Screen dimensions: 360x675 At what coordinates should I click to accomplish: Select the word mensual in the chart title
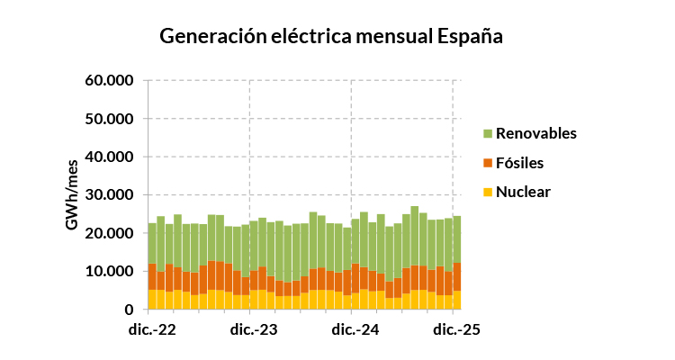click(x=388, y=37)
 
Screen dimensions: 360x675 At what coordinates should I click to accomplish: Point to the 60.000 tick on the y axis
click(x=110, y=81)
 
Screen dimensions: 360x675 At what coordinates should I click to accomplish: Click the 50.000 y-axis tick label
click(x=110, y=119)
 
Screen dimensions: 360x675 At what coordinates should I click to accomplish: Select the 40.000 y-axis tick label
click(x=110, y=157)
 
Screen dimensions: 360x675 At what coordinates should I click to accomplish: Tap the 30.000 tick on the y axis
click(x=110, y=195)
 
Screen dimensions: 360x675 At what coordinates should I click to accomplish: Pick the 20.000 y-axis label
click(x=110, y=233)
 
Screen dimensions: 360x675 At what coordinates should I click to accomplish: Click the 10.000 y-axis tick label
click(x=110, y=271)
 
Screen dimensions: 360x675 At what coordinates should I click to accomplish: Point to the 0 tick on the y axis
click(x=130, y=310)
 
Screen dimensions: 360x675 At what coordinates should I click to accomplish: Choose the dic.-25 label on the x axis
click(x=455, y=329)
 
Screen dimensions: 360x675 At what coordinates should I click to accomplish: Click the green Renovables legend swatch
click(x=489, y=134)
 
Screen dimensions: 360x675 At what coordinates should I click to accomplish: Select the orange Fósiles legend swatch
click(x=489, y=163)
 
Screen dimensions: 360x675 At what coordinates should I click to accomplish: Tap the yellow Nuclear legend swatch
click(x=489, y=192)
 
